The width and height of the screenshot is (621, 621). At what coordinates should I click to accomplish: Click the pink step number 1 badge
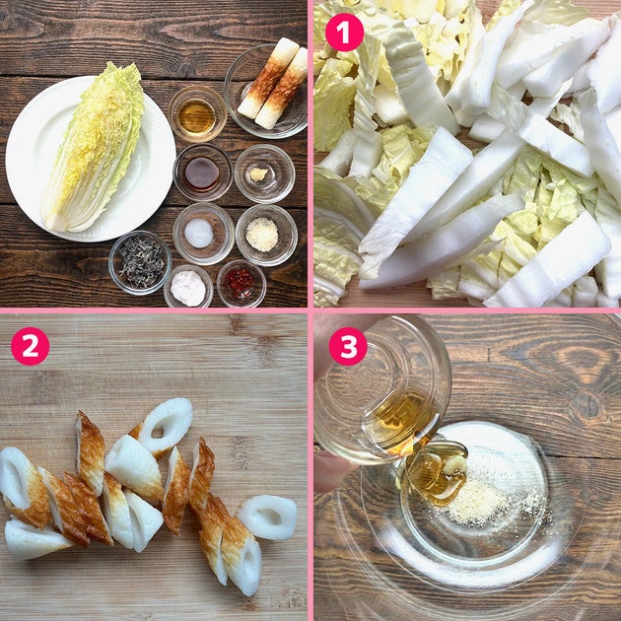pos(344,33)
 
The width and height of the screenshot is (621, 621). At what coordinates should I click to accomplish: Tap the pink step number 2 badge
pos(31,346)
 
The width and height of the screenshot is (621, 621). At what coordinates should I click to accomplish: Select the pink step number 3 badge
pos(348,346)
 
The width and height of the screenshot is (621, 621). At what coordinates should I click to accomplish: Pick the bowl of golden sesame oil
pos(197,114)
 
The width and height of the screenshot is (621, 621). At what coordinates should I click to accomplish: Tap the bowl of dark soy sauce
pos(202,172)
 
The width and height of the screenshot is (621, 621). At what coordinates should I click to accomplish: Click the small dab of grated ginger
pos(258,174)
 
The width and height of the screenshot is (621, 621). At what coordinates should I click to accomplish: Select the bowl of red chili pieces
pos(241,283)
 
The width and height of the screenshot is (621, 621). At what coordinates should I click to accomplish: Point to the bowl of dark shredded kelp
pos(140,262)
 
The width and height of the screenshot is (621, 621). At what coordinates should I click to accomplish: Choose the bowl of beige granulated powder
pos(266,235)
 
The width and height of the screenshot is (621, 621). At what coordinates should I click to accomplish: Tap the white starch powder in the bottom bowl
pos(188,288)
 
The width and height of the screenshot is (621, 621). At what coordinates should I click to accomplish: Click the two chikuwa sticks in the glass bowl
pos(272,84)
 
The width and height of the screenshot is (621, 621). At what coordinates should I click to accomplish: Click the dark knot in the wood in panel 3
pos(586,405)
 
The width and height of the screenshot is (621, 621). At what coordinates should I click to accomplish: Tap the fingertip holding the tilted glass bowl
pos(333,471)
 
